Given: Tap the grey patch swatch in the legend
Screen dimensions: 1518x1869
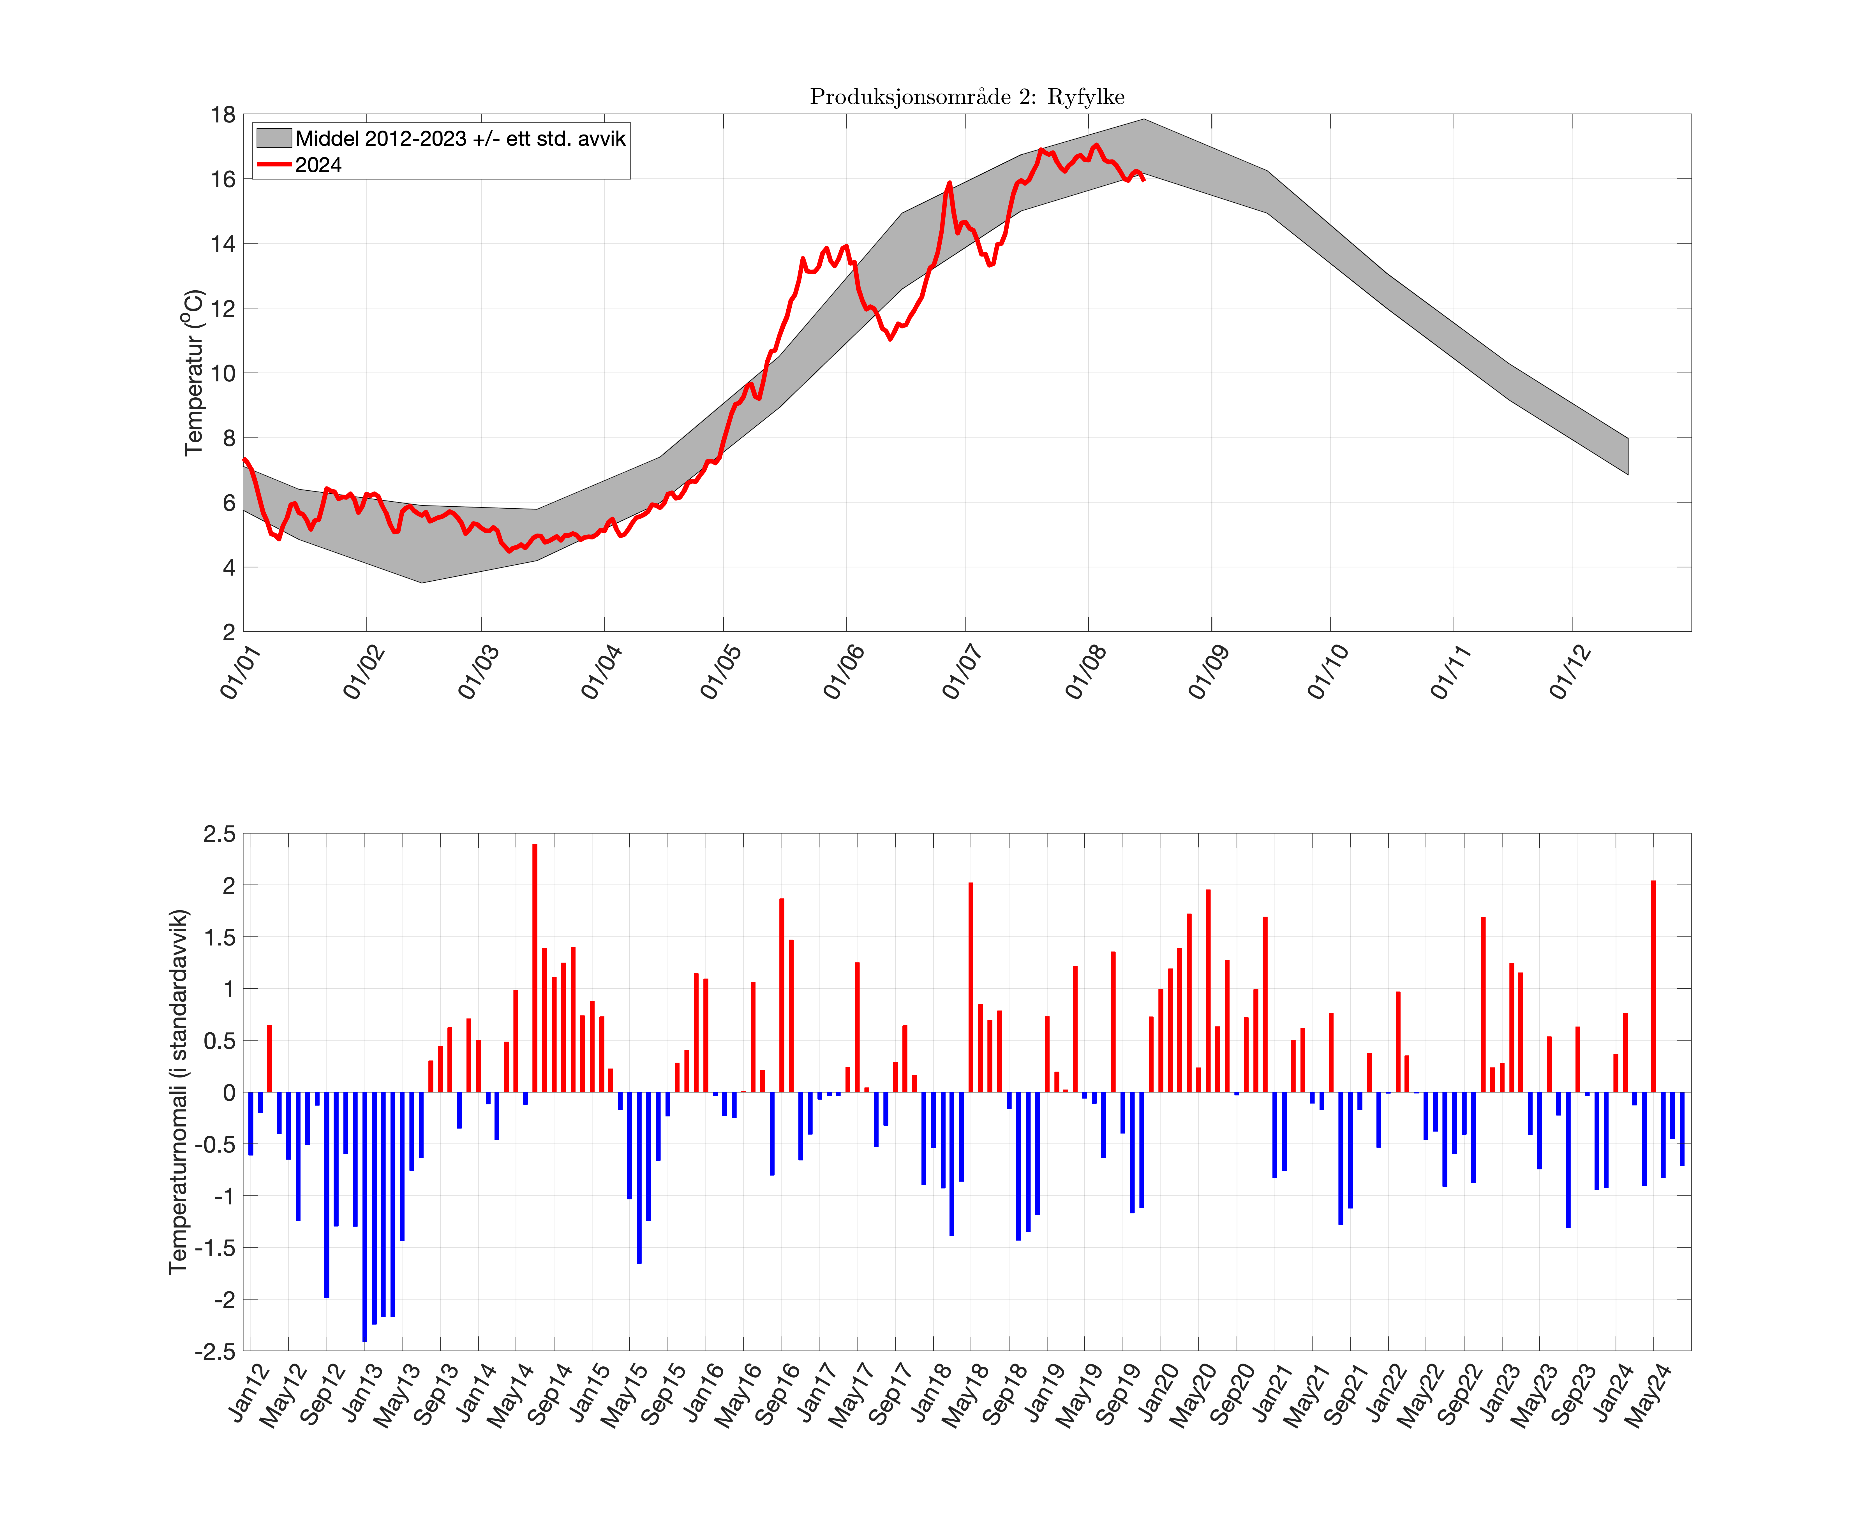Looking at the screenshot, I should pyautogui.click(x=273, y=138).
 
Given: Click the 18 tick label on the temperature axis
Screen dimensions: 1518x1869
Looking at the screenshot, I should pyautogui.click(x=223, y=115).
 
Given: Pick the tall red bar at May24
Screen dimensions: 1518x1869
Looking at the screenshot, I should pyautogui.click(x=1653, y=986).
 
